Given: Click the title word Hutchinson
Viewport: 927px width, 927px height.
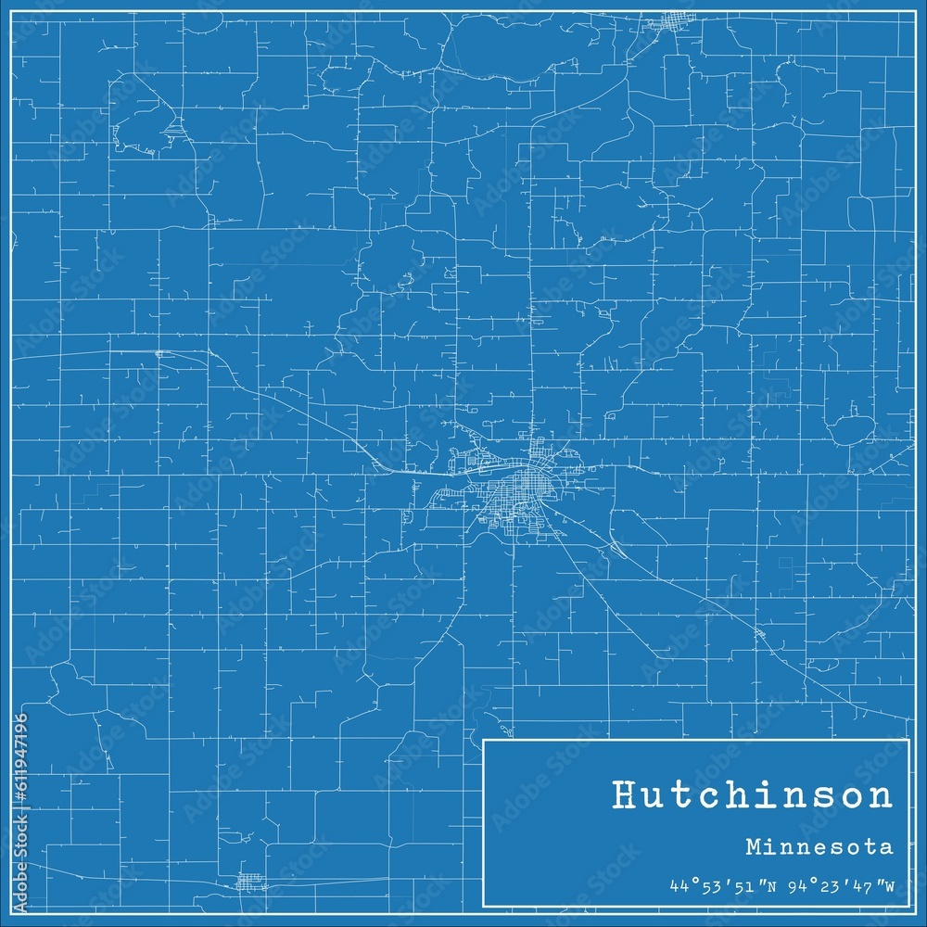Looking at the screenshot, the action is click(752, 795).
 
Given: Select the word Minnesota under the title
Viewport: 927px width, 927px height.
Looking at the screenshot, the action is click(818, 846).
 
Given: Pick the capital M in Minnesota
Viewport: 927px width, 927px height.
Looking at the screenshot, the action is click(750, 846).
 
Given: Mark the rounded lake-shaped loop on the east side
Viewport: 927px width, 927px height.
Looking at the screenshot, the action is click(850, 431).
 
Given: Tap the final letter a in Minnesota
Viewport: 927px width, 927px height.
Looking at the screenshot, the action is click(888, 846).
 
